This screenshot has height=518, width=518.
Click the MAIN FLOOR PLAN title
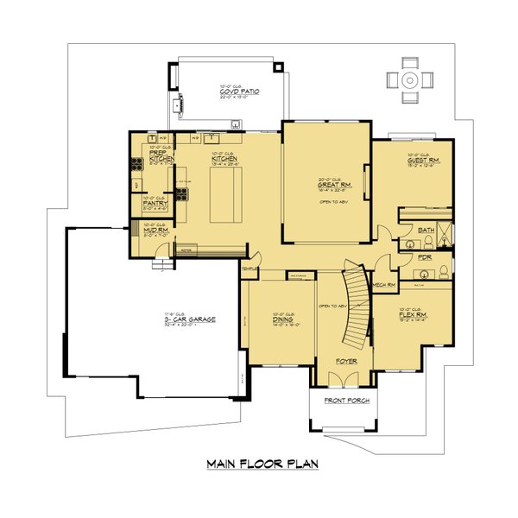(x=262, y=464)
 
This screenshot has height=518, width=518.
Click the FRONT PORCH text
(x=344, y=401)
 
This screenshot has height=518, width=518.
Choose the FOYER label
(x=344, y=363)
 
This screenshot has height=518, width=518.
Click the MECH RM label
(x=383, y=284)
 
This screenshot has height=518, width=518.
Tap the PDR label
(x=424, y=256)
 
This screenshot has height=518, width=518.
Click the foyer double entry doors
(x=343, y=376)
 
